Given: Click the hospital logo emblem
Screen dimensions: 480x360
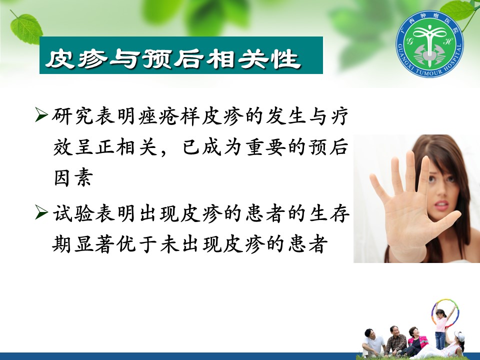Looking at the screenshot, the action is pos(429,43).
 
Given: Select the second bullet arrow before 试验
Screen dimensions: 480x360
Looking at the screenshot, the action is pos(41,212).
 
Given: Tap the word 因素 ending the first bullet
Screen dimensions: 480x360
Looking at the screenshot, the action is pos(73,177).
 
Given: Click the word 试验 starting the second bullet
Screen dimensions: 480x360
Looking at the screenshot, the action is pos(73,213).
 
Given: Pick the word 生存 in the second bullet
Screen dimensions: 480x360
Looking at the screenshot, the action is pos(329,213).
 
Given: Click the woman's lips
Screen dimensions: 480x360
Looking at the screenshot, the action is pos(441,205).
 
